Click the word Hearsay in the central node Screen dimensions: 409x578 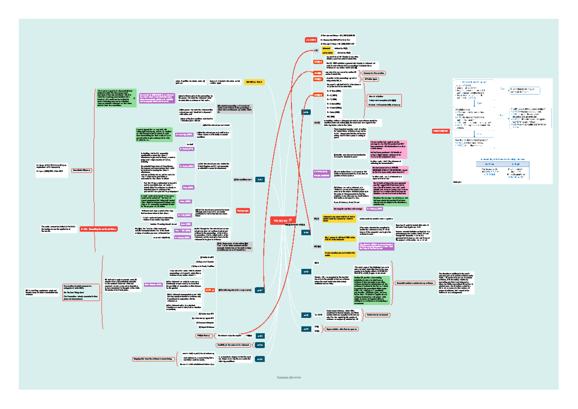(280, 220)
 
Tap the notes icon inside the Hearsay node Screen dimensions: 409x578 (290, 220)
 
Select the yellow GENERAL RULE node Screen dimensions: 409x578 (254, 82)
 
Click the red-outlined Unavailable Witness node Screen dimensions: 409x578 (82, 171)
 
